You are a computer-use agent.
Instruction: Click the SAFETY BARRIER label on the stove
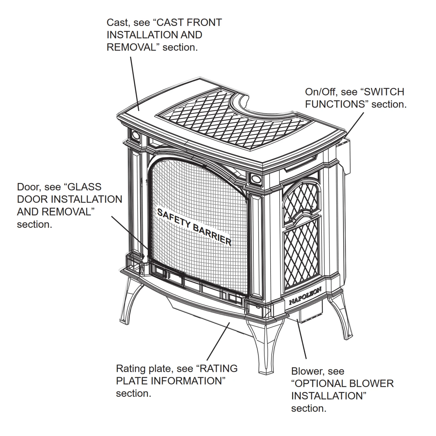pos(194,227)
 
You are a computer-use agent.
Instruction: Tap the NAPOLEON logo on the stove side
pos(305,296)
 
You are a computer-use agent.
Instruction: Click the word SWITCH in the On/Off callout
pos(384,92)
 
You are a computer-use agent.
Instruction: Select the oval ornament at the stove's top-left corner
pos(135,135)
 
